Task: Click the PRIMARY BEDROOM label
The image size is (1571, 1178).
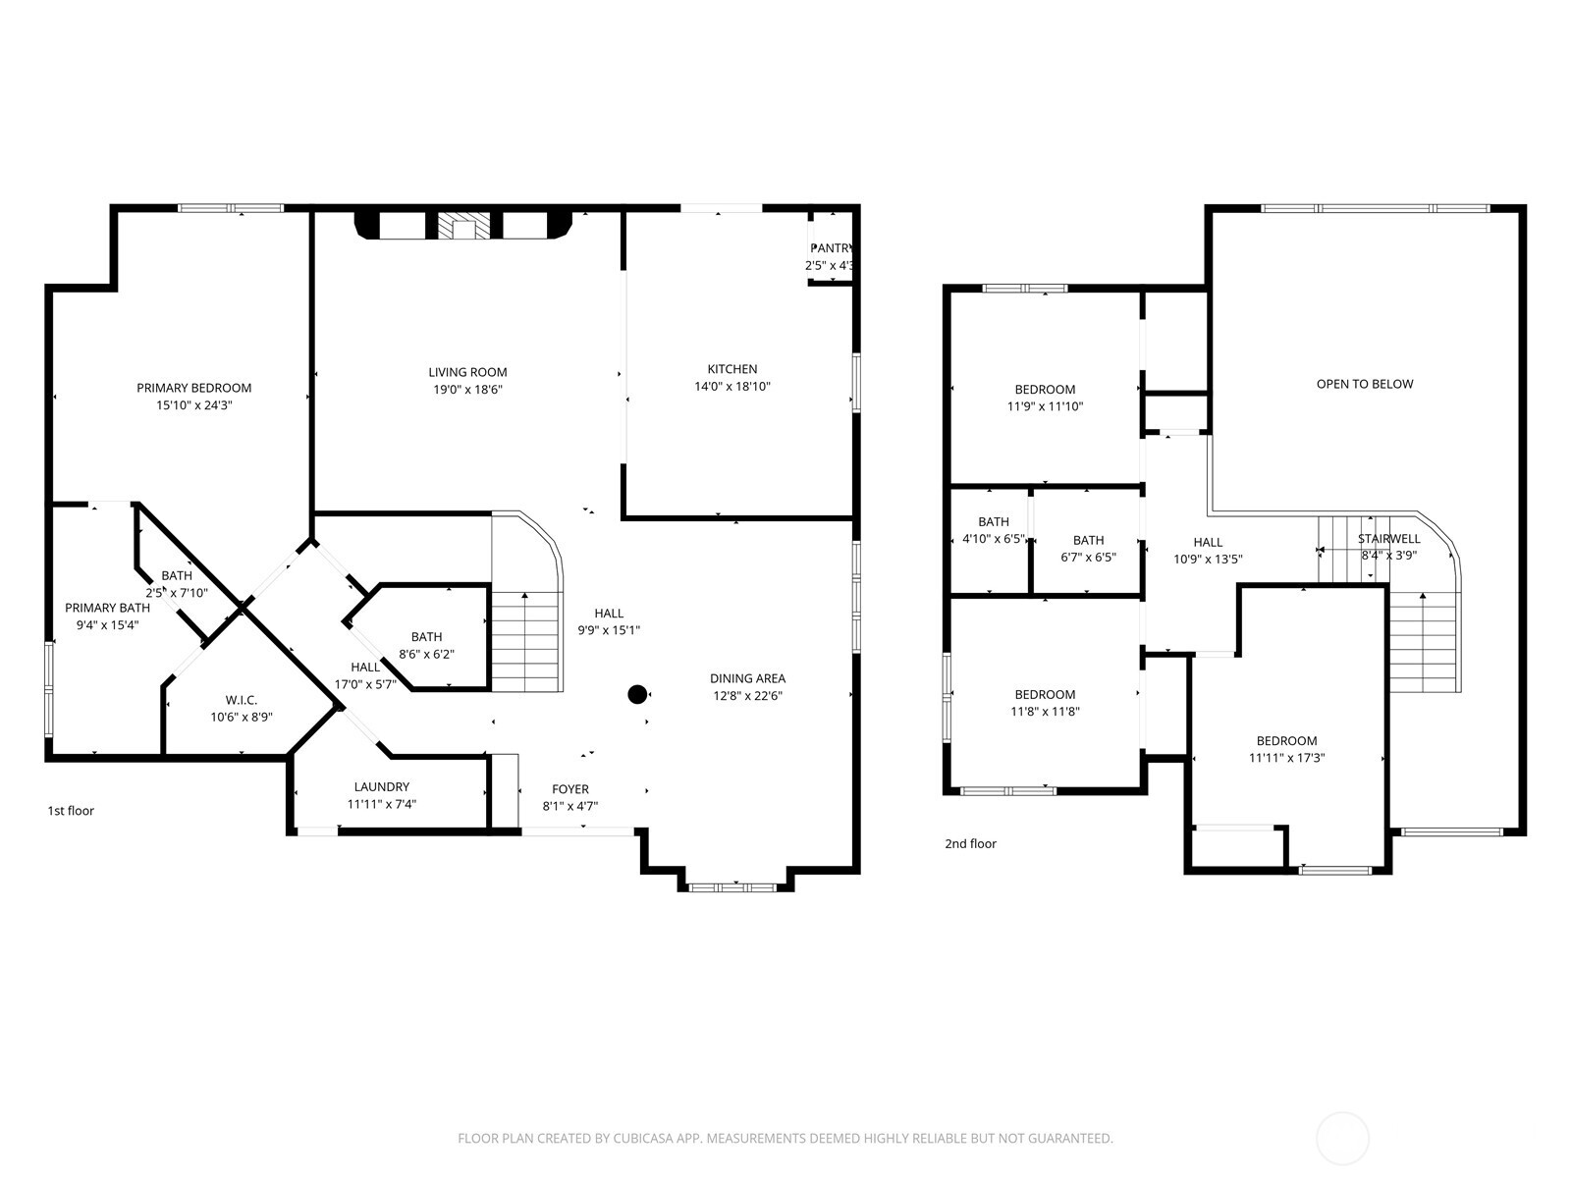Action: click(193, 388)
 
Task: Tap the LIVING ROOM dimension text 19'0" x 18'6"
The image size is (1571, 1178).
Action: click(467, 390)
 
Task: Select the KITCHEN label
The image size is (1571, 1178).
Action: click(732, 369)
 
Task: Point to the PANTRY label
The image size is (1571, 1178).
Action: click(832, 248)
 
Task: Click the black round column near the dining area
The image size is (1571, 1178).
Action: click(637, 695)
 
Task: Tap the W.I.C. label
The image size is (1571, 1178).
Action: click(241, 700)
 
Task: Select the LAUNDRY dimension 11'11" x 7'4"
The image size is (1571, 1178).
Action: click(382, 804)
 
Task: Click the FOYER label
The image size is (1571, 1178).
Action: click(570, 789)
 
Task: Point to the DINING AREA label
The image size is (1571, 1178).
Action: click(747, 678)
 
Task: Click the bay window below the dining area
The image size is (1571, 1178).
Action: click(732, 887)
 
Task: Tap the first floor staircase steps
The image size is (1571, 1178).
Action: click(526, 643)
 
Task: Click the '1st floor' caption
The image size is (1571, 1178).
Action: click(71, 811)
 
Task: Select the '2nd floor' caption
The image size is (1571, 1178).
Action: click(970, 843)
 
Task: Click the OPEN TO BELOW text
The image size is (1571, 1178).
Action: click(1365, 384)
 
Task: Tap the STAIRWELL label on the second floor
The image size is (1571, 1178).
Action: click(1388, 539)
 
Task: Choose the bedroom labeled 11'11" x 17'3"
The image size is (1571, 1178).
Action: click(1286, 749)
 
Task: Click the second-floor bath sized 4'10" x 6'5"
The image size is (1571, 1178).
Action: click(993, 530)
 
